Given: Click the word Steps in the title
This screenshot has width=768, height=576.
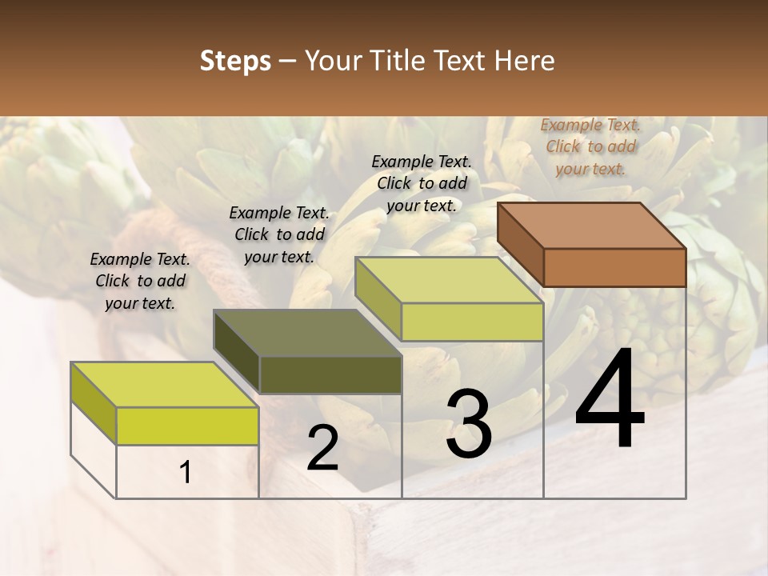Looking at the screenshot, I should tap(235, 61).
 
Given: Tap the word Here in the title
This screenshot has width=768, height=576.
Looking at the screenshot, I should tap(526, 61).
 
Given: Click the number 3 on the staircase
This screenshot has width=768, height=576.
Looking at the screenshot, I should tap(468, 424).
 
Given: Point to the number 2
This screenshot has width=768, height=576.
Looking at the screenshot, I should tap(322, 448).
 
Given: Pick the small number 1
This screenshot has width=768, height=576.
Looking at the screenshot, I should tap(186, 473).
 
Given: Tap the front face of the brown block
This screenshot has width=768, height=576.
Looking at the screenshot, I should tap(614, 267).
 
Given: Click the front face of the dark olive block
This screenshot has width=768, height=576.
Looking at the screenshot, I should tap(330, 374).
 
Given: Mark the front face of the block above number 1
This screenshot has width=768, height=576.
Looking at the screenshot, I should tap(187, 426).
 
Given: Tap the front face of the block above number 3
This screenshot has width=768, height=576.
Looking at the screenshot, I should tap(472, 322).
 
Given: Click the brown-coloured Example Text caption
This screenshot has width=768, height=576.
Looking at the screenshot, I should tap(590, 146).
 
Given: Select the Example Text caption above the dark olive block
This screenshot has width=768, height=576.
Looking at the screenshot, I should tap(279, 234).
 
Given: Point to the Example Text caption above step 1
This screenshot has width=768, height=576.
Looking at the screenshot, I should tap(140, 281).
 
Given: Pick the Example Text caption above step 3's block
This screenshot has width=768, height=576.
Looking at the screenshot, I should tap(422, 183).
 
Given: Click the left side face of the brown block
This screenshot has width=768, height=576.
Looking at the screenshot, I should tap(521, 243).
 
